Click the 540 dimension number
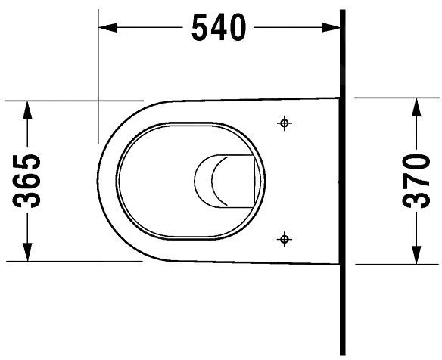coord(219,27)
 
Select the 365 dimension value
coord(26,181)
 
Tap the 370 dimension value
coord(416,181)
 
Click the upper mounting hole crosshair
coord(284,123)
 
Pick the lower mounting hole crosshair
coord(284,240)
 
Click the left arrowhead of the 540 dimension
coord(107,28)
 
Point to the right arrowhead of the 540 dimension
coord(331,28)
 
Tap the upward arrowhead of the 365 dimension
coord(27,110)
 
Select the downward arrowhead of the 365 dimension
coord(27,252)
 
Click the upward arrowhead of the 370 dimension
coord(416,107)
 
